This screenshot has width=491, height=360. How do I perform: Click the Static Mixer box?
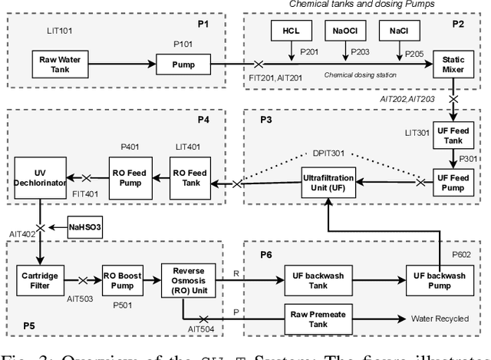(x=451, y=63)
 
